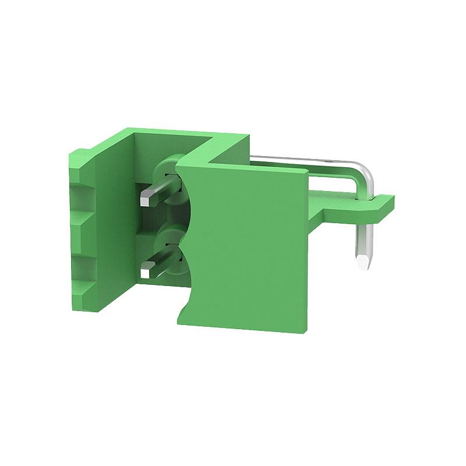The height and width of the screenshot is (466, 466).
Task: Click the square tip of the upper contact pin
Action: point(146,197)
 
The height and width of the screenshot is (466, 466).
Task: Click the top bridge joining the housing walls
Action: point(216,140)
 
